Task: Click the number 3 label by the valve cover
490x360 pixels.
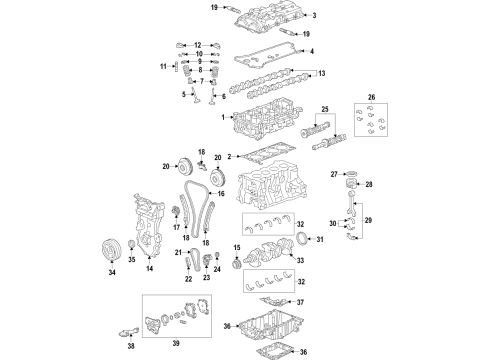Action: [313, 16]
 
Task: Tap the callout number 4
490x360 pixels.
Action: [313, 51]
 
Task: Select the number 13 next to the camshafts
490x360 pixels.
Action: [321, 73]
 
